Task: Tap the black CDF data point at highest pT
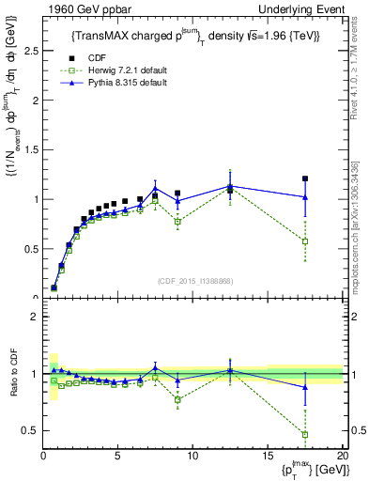pos(305,178)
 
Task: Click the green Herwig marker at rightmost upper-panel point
pos(305,241)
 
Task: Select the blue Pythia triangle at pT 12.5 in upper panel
pos(230,186)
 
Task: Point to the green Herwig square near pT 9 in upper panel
pos(177,222)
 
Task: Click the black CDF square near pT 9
pos(177,194)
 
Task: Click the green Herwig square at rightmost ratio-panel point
pos(305,435)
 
